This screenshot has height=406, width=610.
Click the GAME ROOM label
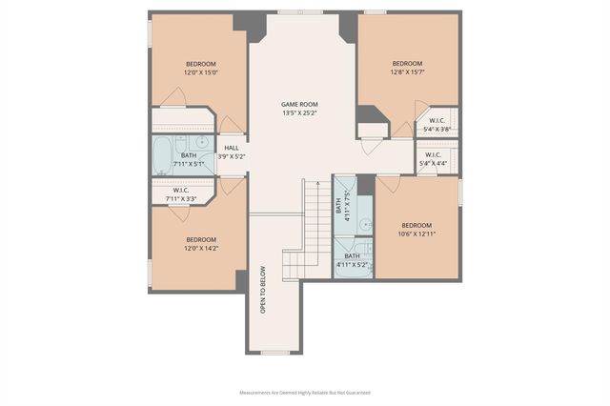(298, 104)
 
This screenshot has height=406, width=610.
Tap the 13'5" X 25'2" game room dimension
(298, 113)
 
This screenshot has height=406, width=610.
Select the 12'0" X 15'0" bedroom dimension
(201, 72)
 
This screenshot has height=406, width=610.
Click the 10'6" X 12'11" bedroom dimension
(417, 233)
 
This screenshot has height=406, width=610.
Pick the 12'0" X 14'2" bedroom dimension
(201, 248)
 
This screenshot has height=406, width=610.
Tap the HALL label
(232, 148)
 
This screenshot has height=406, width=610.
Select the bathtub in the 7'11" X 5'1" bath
(163, 154)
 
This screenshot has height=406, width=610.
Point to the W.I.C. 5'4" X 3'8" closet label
(437, 124)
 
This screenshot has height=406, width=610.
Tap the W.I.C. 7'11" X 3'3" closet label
(181, 193)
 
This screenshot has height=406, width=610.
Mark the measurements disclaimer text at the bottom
(304, 392)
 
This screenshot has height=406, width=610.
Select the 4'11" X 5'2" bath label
(352, 260)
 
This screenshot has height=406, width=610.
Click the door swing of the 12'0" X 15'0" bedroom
(173, 97)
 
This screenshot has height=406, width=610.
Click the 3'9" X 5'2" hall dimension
(232, 156)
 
